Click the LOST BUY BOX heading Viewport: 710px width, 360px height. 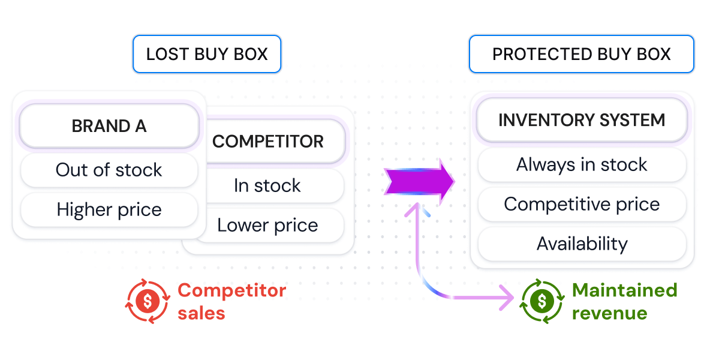pyautogui.click(x=207, y=54)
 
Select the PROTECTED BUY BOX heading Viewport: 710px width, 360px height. pyautogui.click(x=581, y=54)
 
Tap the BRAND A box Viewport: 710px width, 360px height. pyautogui.click(x=109, y=126)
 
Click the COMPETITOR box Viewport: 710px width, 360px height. pyautogui.click(x=268, y=142)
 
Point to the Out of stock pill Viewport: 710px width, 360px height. pyautogui.click(x=109, y=170)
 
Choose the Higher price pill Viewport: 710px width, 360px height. pyautogui.click(x=109, y=209)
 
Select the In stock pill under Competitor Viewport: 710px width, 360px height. pyautogui.click(x=268, y=185)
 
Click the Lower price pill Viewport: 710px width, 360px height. pyautogui.click(x=268, y=225)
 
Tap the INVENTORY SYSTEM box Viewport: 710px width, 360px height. pyautogui.click(x=582, y=120)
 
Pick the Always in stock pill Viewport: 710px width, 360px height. pyautogui.click(x=582, y=164)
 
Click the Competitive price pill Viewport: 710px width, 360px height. pyautogui.click(x=582, y=204)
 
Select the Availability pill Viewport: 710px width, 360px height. pyautogui.click(x=582, y=244)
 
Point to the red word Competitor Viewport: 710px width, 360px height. pyautogui.click(x=232, y=290)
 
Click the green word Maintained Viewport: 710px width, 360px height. pyautogui.click(x=624, y=290)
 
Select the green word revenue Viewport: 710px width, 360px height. pyautogui.click(x=609, y=313)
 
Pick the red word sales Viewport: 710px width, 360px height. pyautogui.click(x=201, y=313)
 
